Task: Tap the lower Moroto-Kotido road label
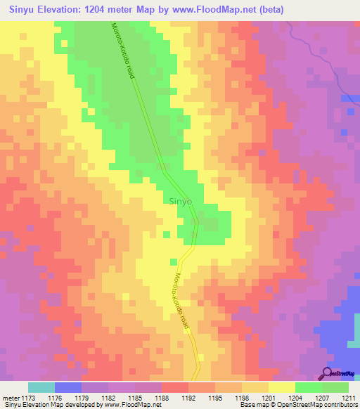(x=184, y=301)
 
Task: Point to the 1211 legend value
(x=349, y=397)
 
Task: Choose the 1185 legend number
(x=135, y=397)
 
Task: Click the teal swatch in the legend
(x=41, y=387)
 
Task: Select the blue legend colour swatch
(x=67, y=387)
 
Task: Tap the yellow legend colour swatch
(x=281, y=387)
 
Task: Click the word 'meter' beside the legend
(x=10, y=397)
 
